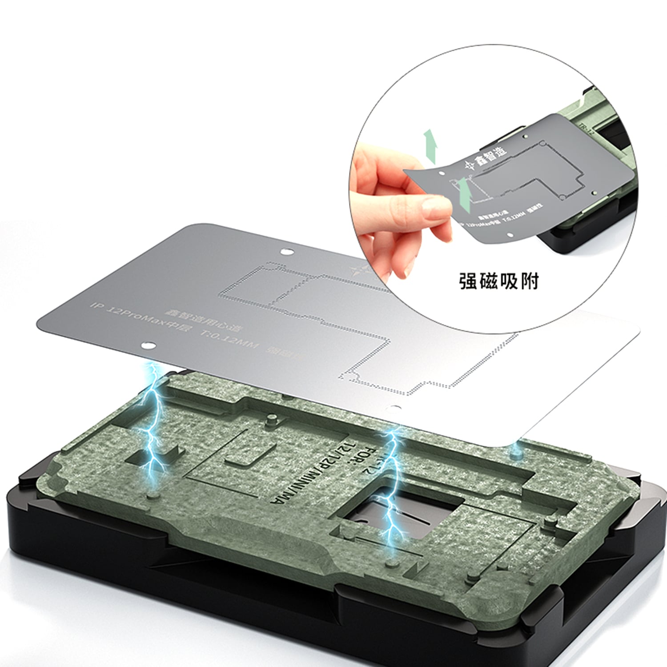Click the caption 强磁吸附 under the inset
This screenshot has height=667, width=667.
(x=498, y=281)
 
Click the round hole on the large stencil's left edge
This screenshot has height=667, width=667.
(x=149, y=346)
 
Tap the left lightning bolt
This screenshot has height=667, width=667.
(x=153, y=418)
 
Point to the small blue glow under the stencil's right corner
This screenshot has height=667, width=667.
(x=515, y=451)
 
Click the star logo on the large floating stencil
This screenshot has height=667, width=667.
(x=358, y=270)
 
